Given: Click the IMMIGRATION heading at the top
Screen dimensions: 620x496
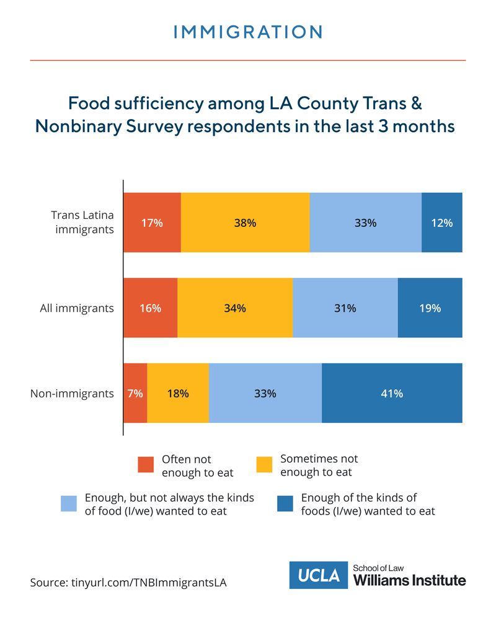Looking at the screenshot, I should tap(248, 32).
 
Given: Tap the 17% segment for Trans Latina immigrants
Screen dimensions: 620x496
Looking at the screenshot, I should tap(152, 223).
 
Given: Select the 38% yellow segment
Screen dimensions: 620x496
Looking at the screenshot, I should tap(245, 223).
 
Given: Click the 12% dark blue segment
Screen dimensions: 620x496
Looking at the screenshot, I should tap(442, 223).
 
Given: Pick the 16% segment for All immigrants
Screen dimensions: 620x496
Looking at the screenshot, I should tap(150, 308).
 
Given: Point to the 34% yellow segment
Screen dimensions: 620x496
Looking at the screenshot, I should tap(235, 308).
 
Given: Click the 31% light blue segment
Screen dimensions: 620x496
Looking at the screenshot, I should tap(345, 308).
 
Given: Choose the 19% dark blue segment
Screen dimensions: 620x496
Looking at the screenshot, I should tap(430, 308).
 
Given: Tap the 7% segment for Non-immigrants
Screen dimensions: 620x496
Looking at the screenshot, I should tap(135, 393).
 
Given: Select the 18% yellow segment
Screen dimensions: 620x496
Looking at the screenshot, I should tap(178, 393).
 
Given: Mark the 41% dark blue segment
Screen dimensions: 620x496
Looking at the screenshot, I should tap(392, 393).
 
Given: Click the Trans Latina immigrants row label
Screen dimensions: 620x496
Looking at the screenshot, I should tap(82, 223).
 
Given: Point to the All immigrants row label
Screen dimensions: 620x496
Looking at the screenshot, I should tap(77, 308).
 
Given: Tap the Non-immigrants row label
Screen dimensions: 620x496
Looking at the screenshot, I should tap(72, 393).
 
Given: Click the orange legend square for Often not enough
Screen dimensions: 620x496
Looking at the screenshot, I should tap(146, 465).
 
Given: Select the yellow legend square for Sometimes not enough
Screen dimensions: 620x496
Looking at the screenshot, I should tap(264, 465).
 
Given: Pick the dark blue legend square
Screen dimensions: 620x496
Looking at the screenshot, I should tap(285, 503).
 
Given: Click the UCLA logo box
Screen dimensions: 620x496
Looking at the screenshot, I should tap(319, 575).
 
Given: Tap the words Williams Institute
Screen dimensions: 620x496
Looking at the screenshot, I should tap(409, 581).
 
